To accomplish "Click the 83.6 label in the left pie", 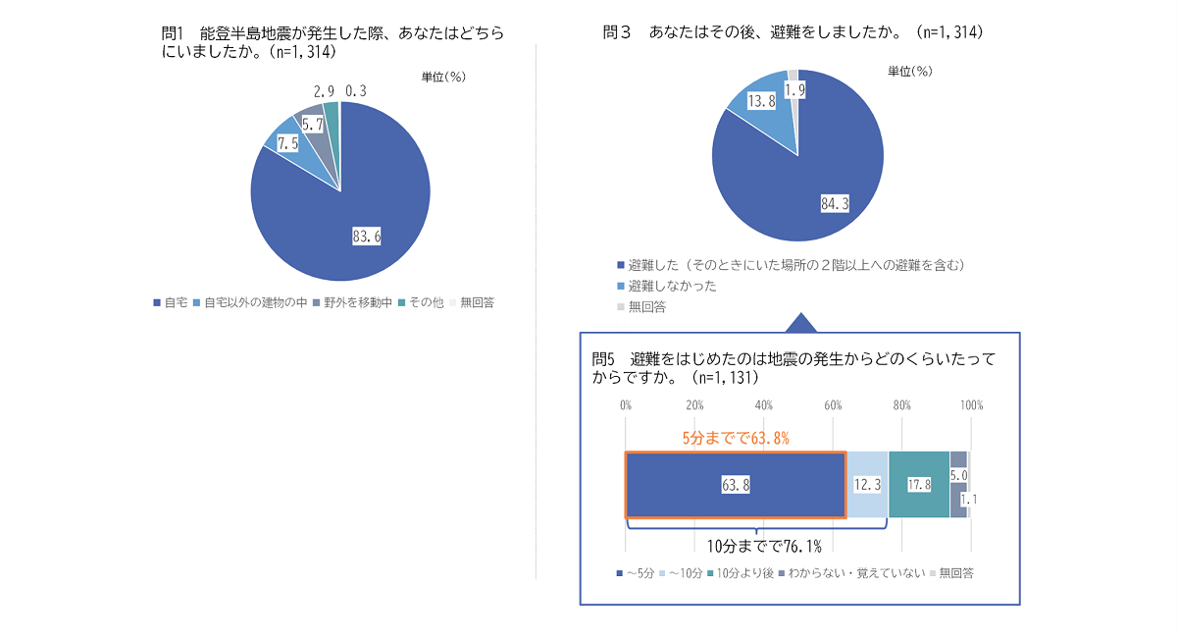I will pos(366,236).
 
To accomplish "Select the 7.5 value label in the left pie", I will pos(287,143).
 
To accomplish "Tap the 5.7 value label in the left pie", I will pos(313,125).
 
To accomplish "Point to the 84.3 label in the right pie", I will pos(834,203).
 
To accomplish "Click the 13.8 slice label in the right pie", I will pos(762,101).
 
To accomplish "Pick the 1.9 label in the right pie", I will pos(795,89).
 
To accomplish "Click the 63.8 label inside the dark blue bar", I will pos(736,485).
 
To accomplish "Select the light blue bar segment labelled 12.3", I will pos(867,485).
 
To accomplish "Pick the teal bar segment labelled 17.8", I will pos(919,485).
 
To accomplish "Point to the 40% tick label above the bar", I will pos(764,405).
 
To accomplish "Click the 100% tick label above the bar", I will pos(971,405).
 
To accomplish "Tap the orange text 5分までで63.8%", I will pos(737,438).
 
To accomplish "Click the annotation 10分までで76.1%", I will pos(764,547).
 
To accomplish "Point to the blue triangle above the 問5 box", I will pos(801,323).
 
